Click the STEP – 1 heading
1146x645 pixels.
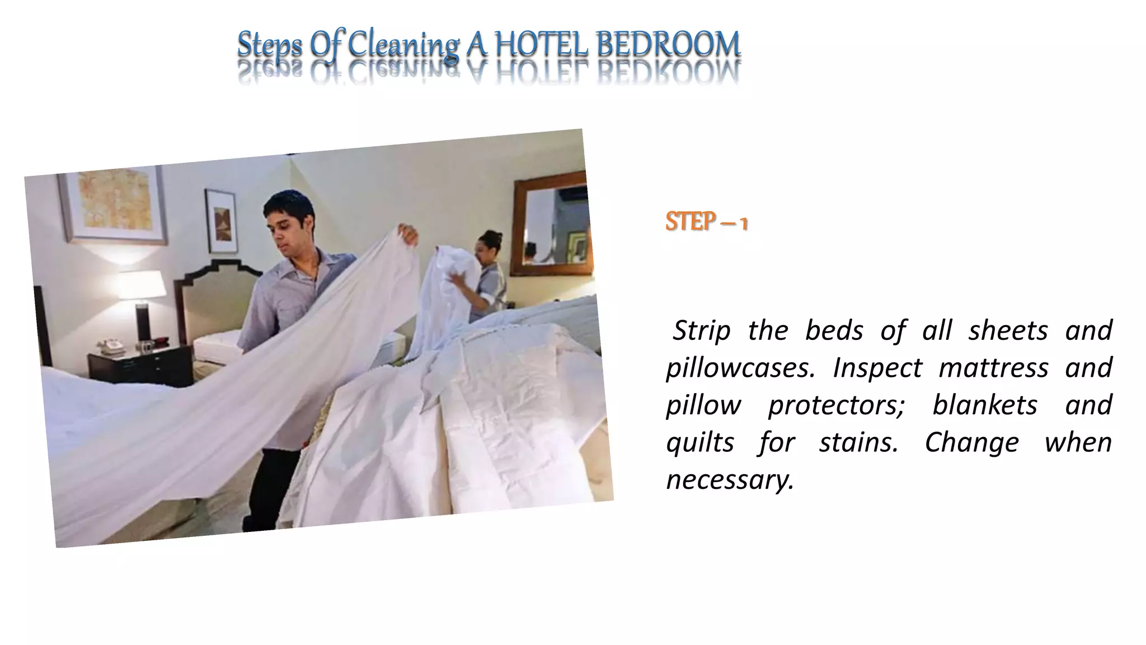tap(706, 222)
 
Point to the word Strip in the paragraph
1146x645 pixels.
tap(701, 330)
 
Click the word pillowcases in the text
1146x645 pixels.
tap(739, 368)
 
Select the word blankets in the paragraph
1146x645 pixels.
tap(985, 405)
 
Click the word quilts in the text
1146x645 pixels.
tap(700, 442)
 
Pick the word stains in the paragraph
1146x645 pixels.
tap(858, 442)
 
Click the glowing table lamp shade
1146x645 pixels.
tap(142, 284)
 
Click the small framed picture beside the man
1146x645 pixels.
tap(220, 221)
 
